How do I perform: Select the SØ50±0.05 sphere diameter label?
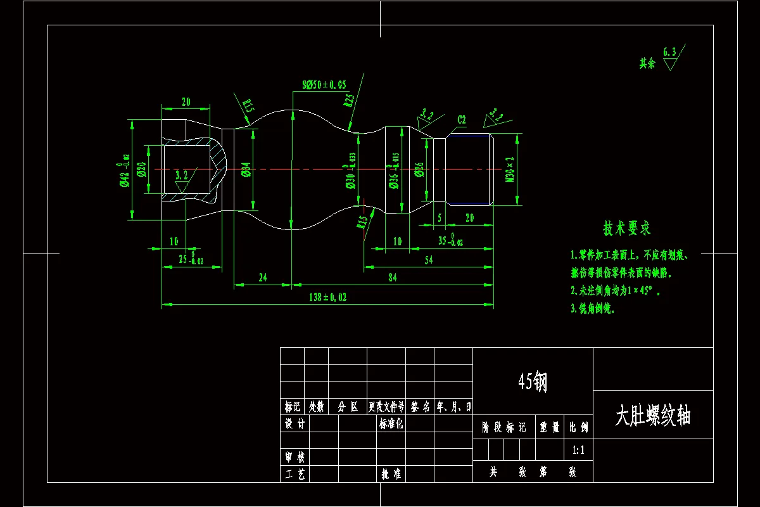(324, 84)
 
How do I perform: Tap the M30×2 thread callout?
(510, 169)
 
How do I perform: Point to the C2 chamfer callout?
(462, 120)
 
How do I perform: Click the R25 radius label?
(348, 100)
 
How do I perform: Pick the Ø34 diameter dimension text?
(246, 169)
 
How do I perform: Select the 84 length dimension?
(393, 278)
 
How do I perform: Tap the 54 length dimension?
(428, 260)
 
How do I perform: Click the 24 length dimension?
(262, 278)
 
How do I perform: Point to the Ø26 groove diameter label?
(419, 169)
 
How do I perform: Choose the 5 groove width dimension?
(440, 217)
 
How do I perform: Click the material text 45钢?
(532, 382)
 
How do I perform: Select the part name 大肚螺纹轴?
(652, 416)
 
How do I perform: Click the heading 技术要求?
(626, 228)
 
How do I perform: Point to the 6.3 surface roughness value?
(669, 51)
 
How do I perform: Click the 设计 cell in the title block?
(295, 424)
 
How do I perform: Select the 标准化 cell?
(391, 424)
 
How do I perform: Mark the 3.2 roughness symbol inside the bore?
(182, 176)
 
